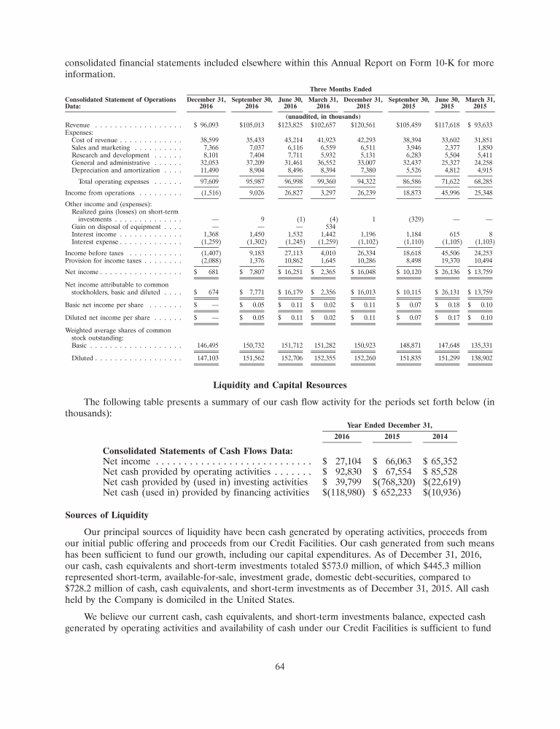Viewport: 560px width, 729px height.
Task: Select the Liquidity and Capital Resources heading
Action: pyautogui.click(x=279, y=384)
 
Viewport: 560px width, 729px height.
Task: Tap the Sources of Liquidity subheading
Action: pyautogui.click(x=106, y=515)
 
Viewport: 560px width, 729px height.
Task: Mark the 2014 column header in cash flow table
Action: pyautogui.click(x=437, y=437)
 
